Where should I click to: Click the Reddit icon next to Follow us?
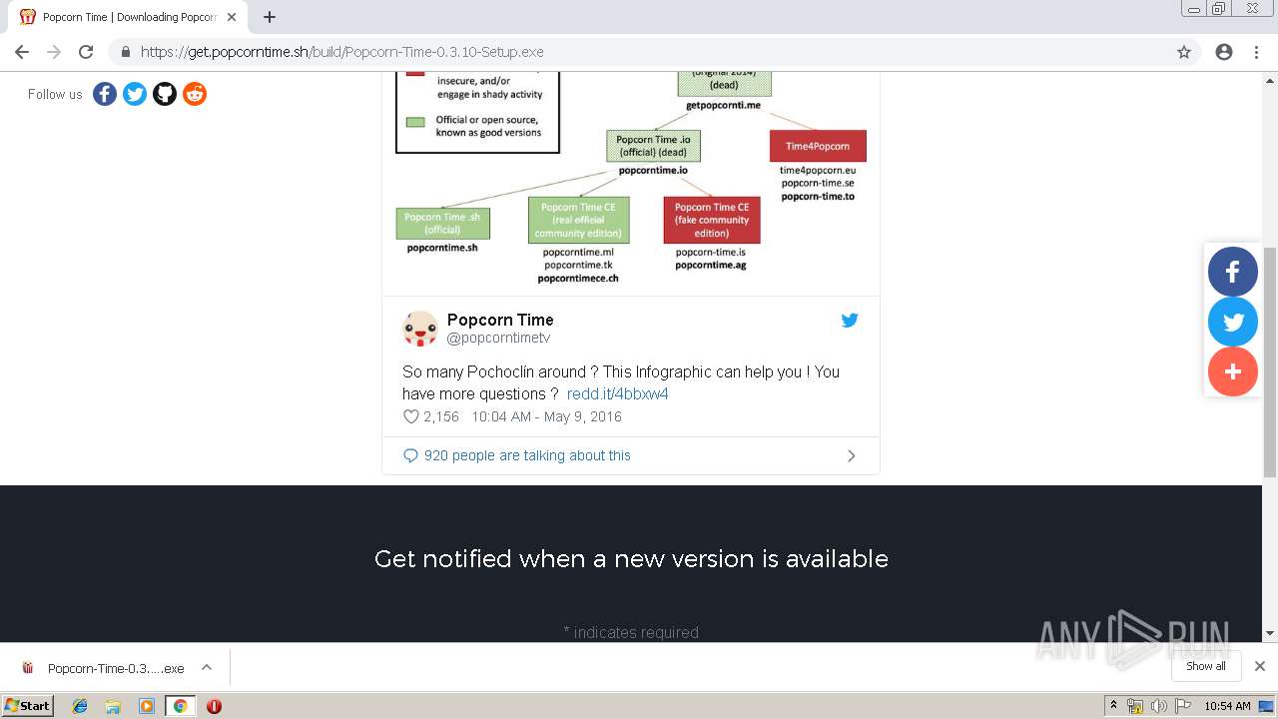[195, 94]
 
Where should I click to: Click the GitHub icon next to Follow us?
[165, 94]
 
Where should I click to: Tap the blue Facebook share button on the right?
[1233, 272]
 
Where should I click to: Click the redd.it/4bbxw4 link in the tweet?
[617, 393]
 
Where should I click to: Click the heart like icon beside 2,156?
[410, 416]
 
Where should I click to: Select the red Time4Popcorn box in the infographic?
[818, 146]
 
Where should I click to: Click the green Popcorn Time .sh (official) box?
[442, 223]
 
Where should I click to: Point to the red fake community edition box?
[711, 220]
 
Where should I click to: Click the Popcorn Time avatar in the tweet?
[420, 329]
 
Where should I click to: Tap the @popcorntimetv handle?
[498, 339]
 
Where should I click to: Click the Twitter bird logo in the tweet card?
[850, 321]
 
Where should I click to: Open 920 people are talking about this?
[527, 455]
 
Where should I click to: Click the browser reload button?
[86, 52]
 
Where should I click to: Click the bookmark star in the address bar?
[1184, 52]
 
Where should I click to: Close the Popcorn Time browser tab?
[232, 17]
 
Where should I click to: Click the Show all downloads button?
[1205, 666]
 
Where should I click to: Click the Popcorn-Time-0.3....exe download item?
[105, 668]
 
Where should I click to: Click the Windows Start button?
[27, 705]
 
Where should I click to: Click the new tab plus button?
[270, 17]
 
